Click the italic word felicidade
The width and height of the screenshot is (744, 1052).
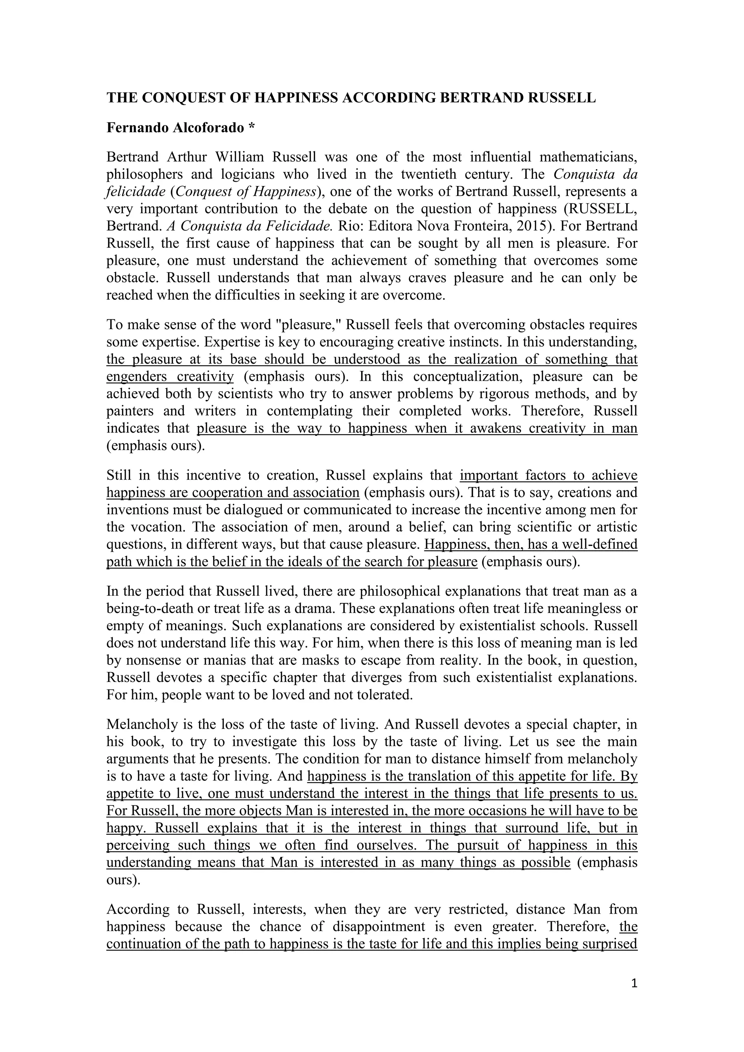136,191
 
